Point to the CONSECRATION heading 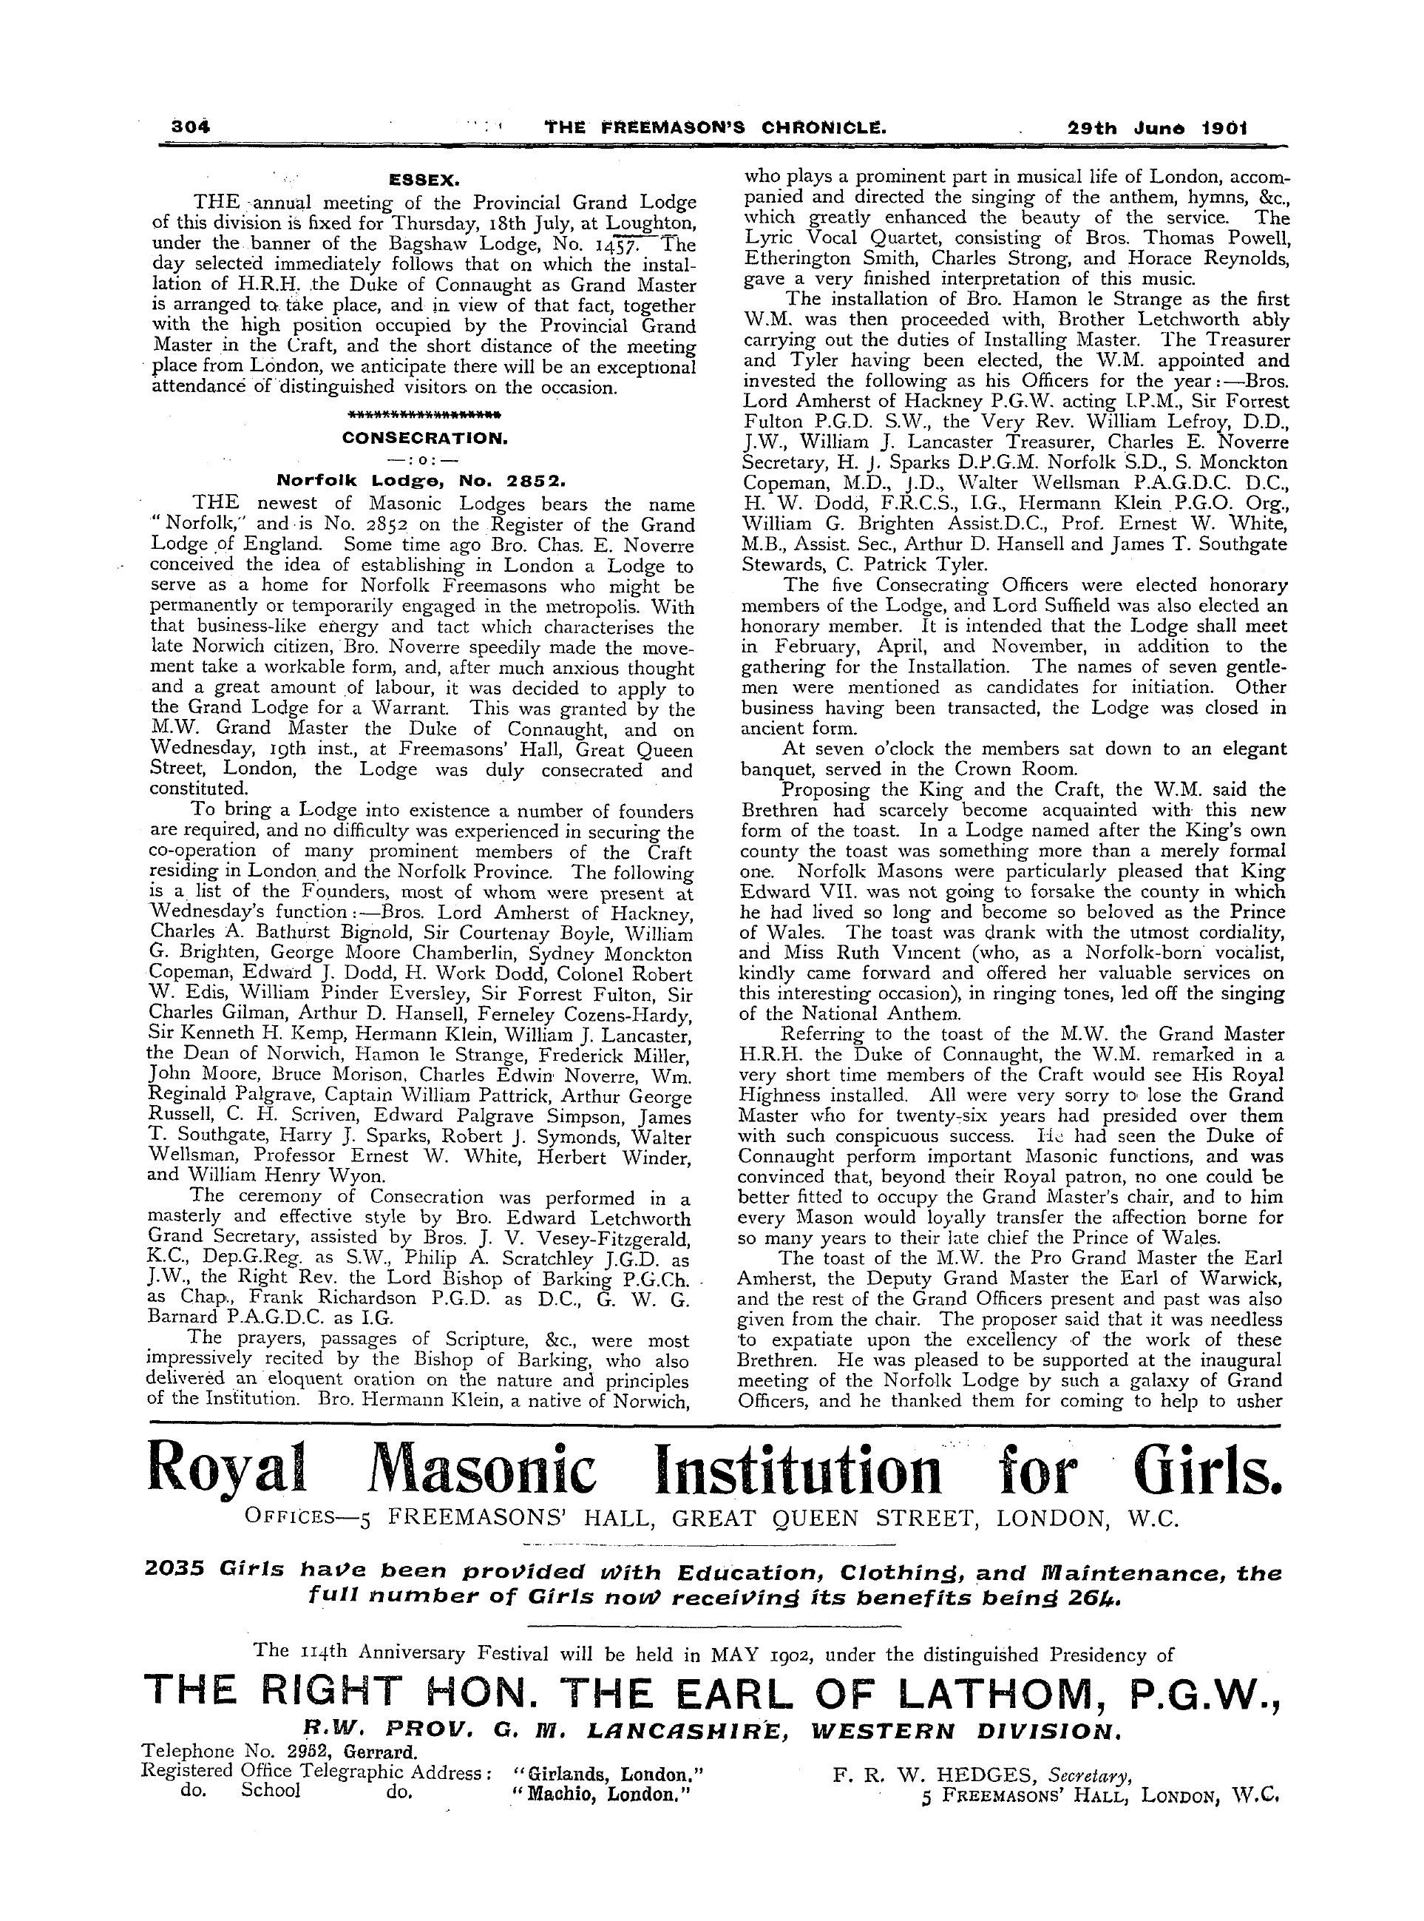coord(425,438)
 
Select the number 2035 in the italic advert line coord(176,1573)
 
